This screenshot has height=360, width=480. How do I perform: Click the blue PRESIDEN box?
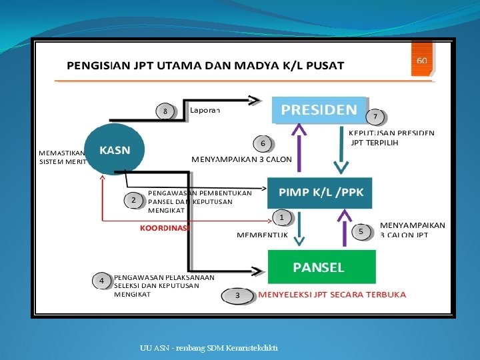coord(319,109)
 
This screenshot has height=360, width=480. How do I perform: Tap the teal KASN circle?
coord(115,149)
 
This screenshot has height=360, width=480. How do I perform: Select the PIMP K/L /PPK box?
coord(320,191)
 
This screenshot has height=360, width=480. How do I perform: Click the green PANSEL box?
coord(321,267)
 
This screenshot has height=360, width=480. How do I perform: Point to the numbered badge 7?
coord(375,117)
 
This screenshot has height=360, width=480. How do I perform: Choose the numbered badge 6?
coord(263,143)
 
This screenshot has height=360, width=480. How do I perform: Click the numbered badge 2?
coord(133,199)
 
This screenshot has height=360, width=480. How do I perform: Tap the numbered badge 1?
coord(282,217)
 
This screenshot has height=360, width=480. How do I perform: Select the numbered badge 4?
coord(101,281)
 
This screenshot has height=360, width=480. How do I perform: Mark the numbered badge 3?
coord(237,294)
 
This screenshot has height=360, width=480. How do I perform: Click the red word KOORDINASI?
coord(165,227)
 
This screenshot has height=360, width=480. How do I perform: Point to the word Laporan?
coord(205,109)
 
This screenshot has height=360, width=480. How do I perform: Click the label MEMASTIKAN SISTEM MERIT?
coord(62,157)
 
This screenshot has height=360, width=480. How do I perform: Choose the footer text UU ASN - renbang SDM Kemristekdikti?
coord(209,348)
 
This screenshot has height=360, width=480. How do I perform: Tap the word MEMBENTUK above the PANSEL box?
coord(262,235)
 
